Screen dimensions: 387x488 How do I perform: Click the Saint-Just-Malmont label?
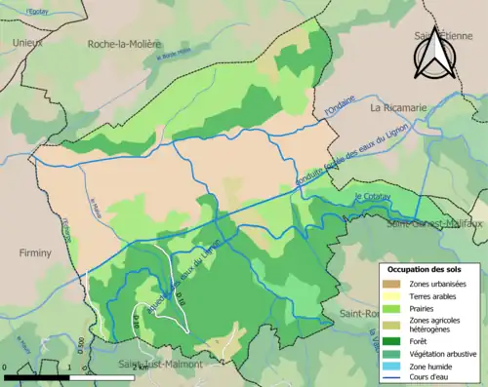[160, 365]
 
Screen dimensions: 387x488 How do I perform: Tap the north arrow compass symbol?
[436, 53]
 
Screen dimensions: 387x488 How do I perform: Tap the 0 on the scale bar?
[6, 366]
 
